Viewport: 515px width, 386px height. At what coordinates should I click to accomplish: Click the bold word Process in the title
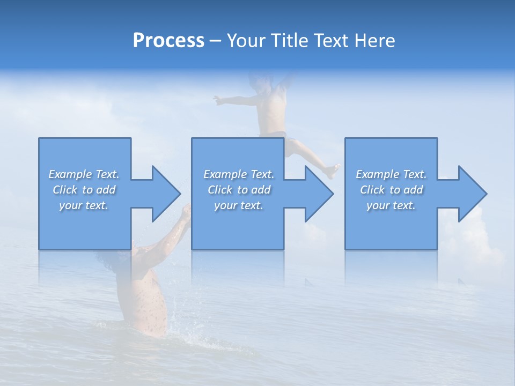tap(168, 41)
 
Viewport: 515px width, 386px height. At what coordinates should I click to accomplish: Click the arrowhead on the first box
tap(163, 194)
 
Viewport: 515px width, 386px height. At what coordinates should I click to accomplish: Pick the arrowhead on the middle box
tap(317, 194)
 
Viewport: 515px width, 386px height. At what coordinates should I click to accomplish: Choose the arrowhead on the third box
tap(470, 194)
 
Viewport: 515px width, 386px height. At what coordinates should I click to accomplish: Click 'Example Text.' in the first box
tap(84, 174)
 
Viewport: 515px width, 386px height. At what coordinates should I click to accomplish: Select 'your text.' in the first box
tap(84, 205)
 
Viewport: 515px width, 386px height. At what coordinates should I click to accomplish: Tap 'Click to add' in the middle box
tap(239, 190)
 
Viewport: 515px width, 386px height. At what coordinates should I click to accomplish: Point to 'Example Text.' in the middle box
tap(239, 174)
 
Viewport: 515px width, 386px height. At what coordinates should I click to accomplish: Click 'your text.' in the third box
tap(391, 205)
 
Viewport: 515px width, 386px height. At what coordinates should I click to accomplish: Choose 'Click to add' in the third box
tap(391, 190)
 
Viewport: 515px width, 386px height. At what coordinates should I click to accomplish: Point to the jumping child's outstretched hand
tap(217, 99)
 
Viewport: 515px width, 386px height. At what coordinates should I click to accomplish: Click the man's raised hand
tap(186, 212)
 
